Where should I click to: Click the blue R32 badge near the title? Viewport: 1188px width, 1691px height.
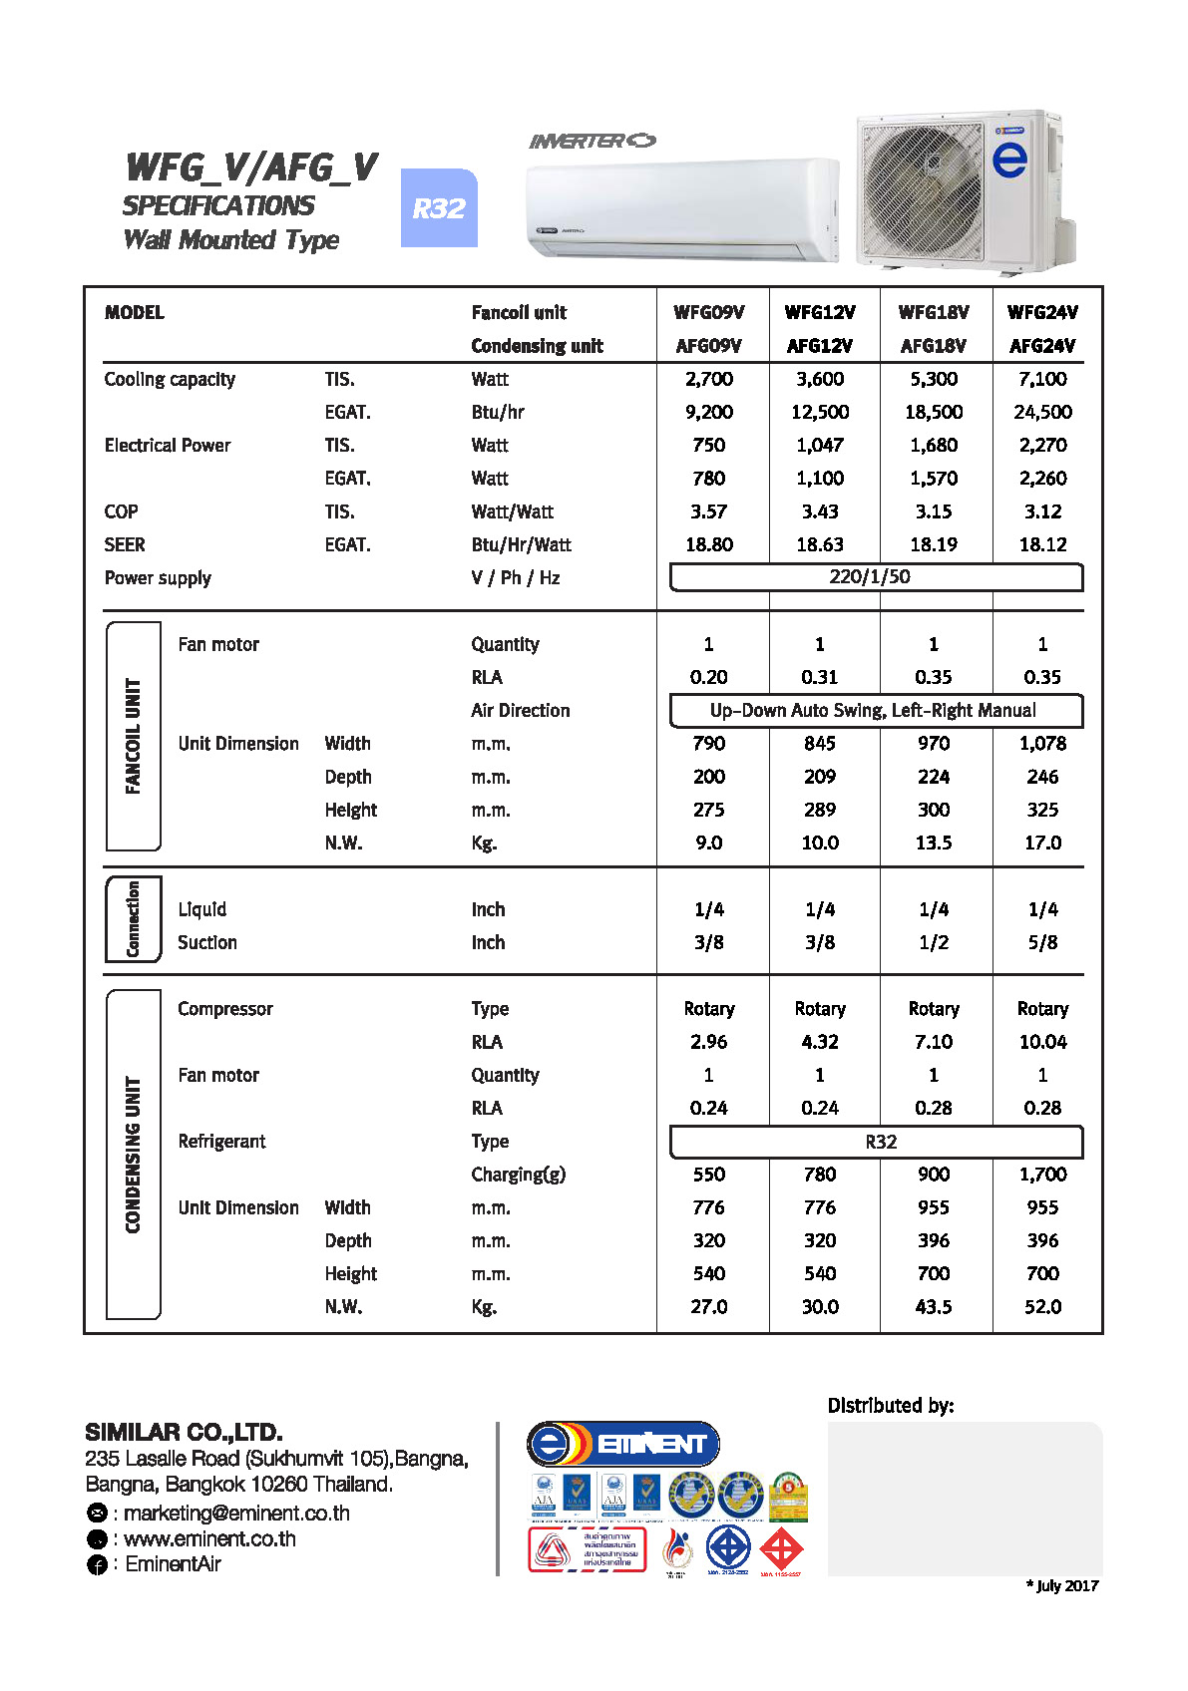click(439, 208)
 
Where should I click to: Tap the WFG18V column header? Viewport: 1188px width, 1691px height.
click(933, 312)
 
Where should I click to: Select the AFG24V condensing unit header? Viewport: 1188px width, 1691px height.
click(1041, 346)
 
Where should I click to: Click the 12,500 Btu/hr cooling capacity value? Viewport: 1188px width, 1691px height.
click(819, 412)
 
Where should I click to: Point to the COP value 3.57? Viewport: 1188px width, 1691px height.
click(708, 511)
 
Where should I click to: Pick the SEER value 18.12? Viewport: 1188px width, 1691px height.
click(1042, 544)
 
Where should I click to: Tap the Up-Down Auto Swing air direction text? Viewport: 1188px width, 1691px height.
click(873, 710)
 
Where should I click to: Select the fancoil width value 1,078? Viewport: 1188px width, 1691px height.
click(1042, 744)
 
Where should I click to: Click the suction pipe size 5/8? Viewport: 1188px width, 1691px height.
click(1042, 942)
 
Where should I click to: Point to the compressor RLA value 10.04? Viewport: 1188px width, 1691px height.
click(1042, 1042)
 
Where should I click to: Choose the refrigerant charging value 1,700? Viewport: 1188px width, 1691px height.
click(1042, 1175)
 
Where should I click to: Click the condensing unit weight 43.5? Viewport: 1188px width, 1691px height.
click(933, 1306)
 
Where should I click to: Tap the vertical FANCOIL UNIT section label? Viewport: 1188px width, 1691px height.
click(133, 736)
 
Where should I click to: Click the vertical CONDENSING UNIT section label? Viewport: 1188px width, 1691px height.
click(133, 1154)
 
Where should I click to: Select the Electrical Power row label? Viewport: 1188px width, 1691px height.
click(168, 446)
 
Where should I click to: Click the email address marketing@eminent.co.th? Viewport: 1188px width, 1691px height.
click(236, 1514)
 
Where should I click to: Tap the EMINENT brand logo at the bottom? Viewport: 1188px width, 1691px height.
click(623, 1444)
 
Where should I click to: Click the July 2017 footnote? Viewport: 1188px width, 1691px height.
click(1062, 1585)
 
